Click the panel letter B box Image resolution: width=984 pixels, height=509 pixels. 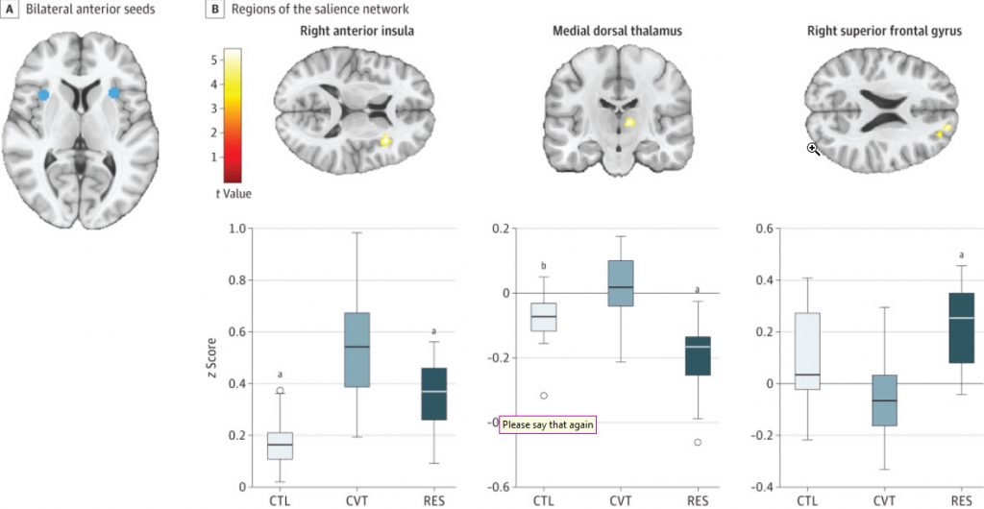click(x=216, y=10)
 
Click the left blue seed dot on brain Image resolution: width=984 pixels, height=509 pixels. click(x=42, y=95)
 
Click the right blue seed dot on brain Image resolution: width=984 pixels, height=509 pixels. click(x=113, y=93)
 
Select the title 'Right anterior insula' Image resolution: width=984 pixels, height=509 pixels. click(x=356, y=32)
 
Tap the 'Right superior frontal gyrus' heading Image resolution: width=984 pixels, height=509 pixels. click(x=882, y=32)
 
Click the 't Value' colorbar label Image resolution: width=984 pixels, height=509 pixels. click(x=233, y=194)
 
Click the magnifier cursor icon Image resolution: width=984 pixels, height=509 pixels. click(x=813, y=149)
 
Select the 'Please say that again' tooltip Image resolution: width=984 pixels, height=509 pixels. click(x=547, y=425)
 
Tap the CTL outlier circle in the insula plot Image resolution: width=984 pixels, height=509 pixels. click(x=280, y=390)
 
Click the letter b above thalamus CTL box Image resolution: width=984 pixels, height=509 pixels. click(x=544, y=266)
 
